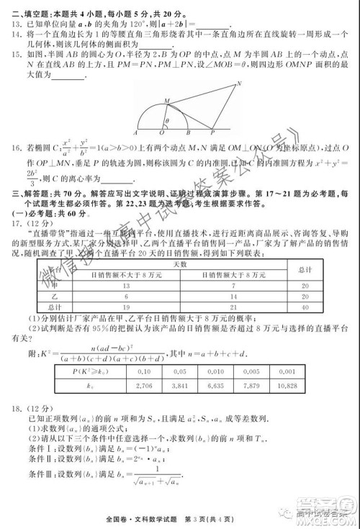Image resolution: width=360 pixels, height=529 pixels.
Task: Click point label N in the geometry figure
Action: (239, 83)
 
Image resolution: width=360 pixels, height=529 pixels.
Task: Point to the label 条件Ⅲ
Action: (42, 473)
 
